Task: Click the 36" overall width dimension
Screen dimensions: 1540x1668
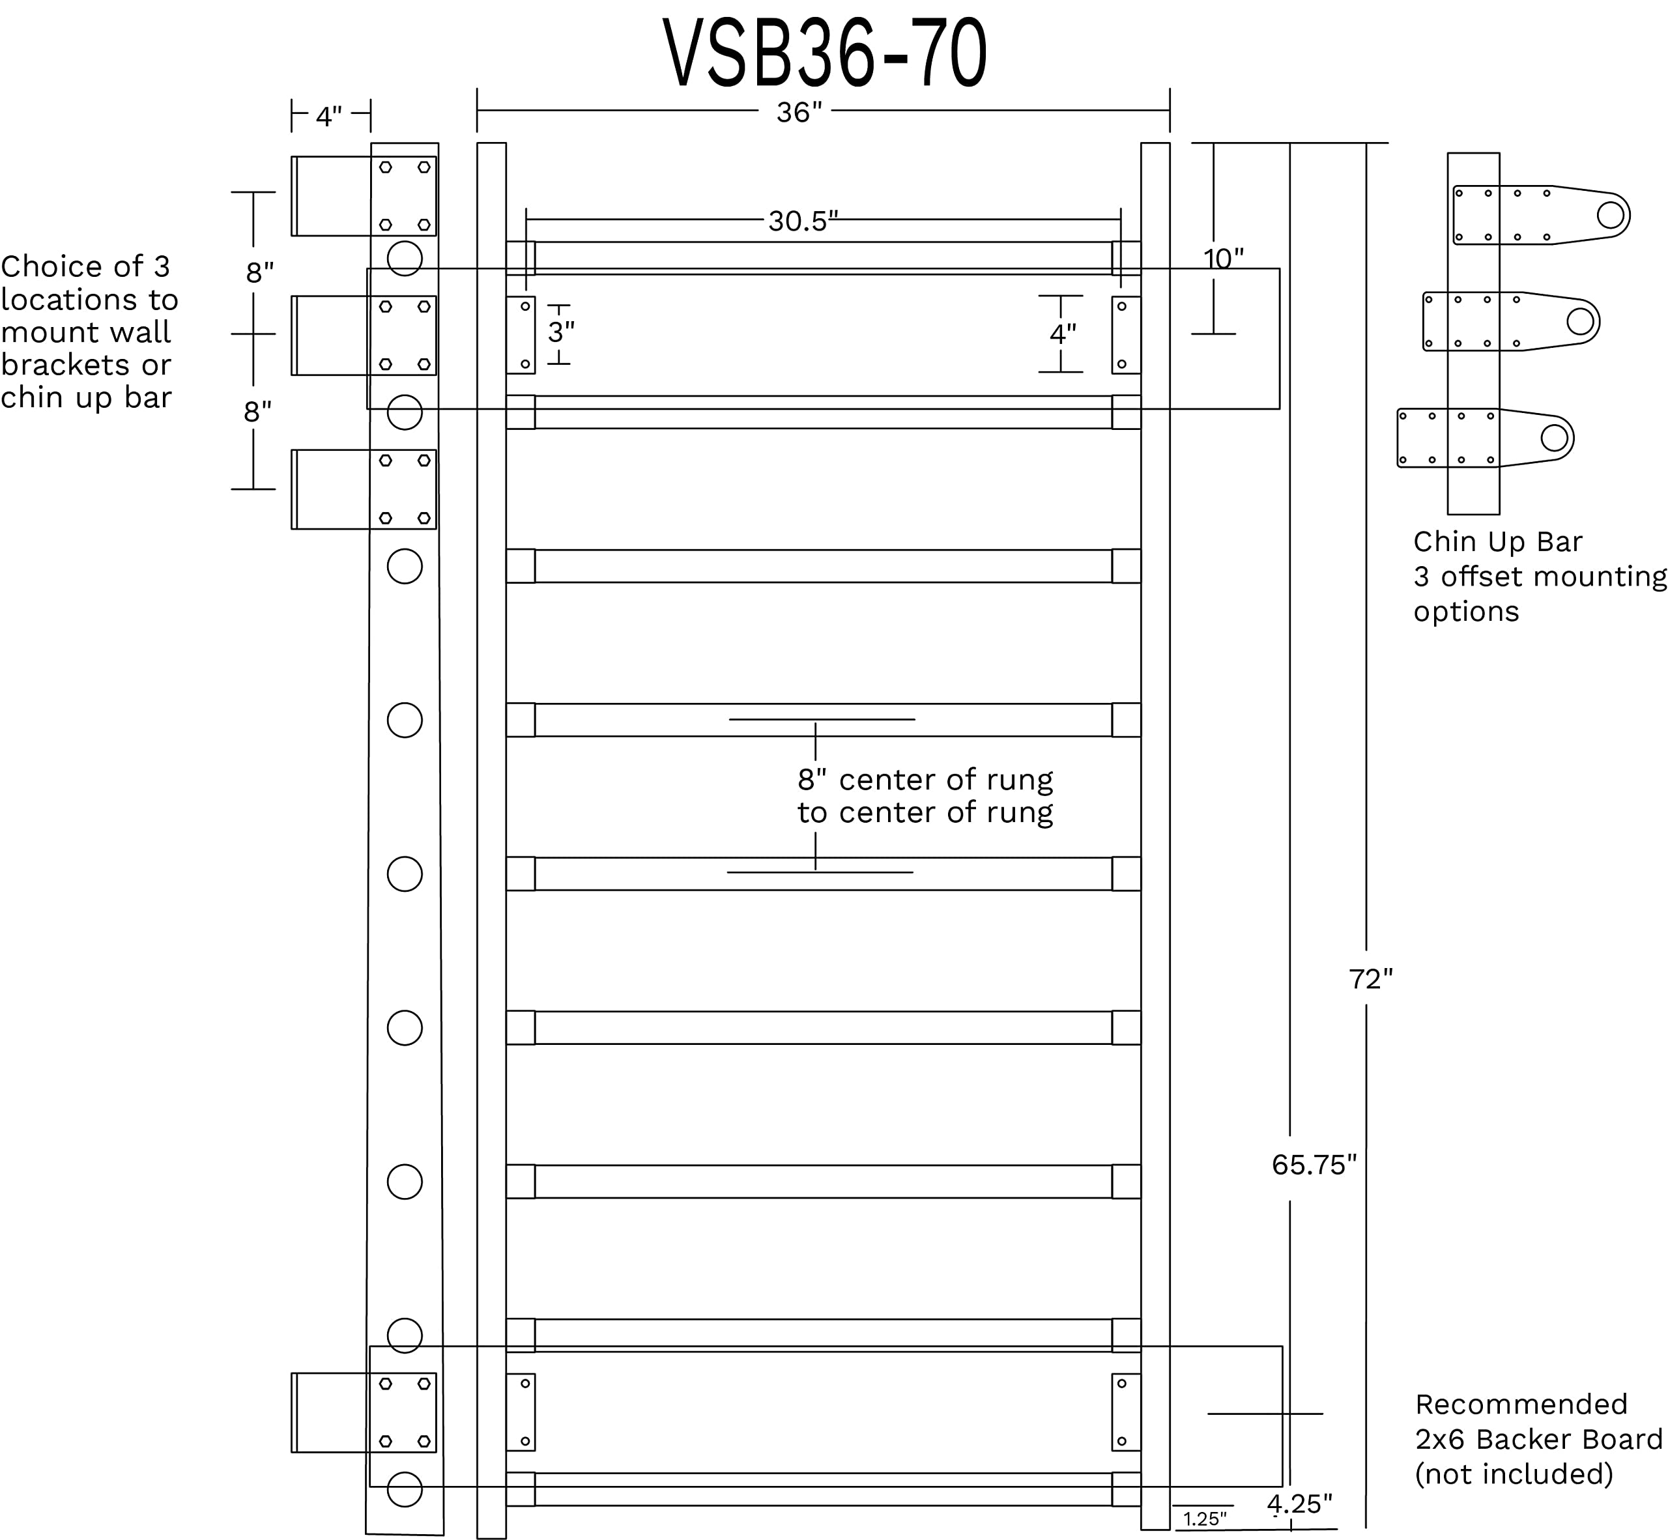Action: tap(799, 113)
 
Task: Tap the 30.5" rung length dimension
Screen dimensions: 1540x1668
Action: tap(802, 221)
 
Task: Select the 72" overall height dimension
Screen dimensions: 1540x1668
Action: tap(1370, 979)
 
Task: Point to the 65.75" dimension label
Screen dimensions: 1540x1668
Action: tap(1314, 1165)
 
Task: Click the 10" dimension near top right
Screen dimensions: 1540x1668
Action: tap(1223, 259)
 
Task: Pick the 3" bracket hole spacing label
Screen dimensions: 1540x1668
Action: tap(561, 332)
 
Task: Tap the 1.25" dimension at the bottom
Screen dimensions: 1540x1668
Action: tap(1205, 1519)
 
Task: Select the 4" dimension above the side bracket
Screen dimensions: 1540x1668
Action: tap(328, 117)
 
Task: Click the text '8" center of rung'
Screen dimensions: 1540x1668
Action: tap(925, 780)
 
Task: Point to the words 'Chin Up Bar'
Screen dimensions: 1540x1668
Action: tap(1497, 541)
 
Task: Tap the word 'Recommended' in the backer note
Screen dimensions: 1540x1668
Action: tap(1521, 1404)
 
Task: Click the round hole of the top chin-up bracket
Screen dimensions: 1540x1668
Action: tap(1611, 215)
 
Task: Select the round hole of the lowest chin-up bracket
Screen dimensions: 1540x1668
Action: tap(1554, 438)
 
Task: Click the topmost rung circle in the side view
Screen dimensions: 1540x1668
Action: tap(404, 259)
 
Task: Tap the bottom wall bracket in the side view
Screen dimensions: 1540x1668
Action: tap(364, 1412)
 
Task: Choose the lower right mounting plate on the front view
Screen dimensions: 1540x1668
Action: tap(1125, 1412)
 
